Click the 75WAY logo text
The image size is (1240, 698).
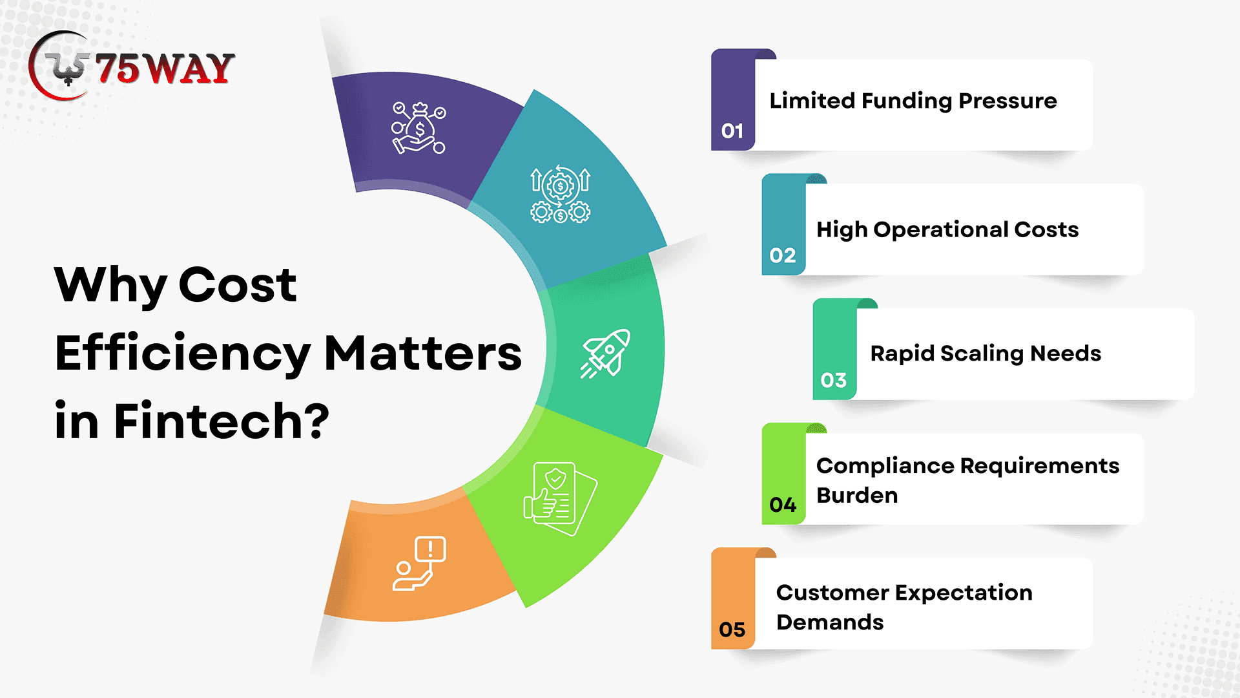165,69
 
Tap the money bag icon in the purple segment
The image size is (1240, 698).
418,128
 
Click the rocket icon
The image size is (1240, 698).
604,354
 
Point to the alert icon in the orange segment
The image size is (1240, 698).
419,564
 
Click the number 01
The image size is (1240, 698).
732,131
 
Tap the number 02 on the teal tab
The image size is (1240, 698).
783,255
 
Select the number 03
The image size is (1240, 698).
834,380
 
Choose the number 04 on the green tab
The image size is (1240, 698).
783,505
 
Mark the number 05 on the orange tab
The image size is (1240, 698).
732,629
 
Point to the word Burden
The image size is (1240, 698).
857,496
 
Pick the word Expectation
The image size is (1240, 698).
963,593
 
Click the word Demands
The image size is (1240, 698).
830,622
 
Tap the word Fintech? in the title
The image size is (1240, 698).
222,421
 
